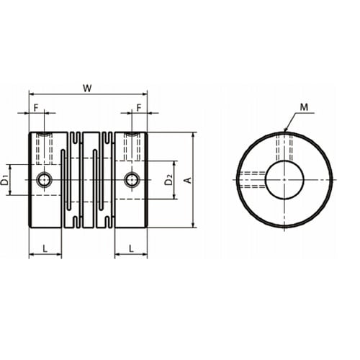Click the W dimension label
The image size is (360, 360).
[x=87, y=89]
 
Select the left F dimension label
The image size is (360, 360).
[x=36, y=108]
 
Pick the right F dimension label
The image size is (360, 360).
[x=139, y=108]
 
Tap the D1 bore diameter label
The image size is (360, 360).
[x=4, y=180]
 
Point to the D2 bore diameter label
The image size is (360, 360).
[x=169, y=180]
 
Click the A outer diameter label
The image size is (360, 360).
[x=189, y=180]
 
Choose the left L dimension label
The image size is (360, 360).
[x=45, y=248]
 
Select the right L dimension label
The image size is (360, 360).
[x=131, y=248]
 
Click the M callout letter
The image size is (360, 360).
[x=304, y=107]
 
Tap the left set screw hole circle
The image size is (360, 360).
[x=45, y=179]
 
